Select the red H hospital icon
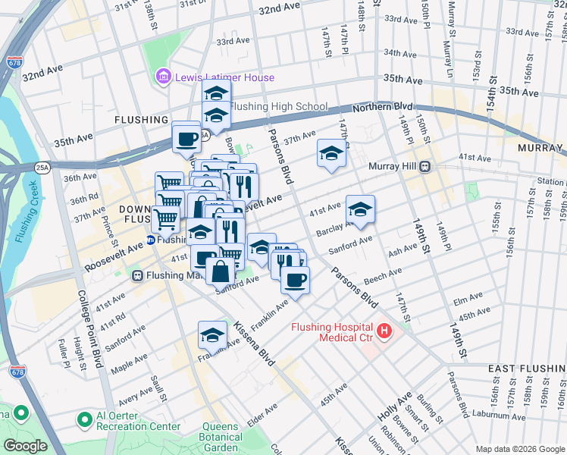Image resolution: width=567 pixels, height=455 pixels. [x=384, y=331]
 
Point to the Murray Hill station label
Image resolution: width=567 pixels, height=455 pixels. [x=393, y=166]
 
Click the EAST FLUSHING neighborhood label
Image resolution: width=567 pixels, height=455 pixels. [x=526, y=369]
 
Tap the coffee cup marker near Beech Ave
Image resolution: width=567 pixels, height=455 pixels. [x=295, y=281]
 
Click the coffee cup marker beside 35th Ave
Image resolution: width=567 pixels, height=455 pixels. [x=186, y=139]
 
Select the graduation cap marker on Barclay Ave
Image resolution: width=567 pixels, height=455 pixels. [x=360, y=210]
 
